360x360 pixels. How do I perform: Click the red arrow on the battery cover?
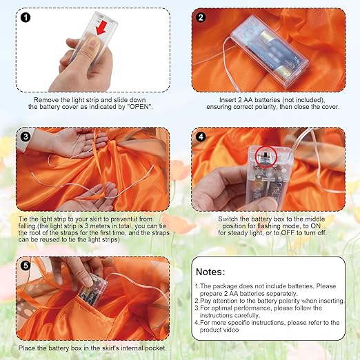(101, 28)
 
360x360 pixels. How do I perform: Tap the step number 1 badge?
(26, 17)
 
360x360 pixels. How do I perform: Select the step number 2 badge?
(201, 17)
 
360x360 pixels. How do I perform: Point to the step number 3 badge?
(26, 137)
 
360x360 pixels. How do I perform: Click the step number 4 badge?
(201, 137)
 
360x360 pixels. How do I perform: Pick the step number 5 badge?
(26, 266)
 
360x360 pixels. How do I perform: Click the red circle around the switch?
(266, 157)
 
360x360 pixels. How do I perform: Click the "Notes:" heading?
(210, 272)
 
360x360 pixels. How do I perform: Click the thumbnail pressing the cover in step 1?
(94, 43)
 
